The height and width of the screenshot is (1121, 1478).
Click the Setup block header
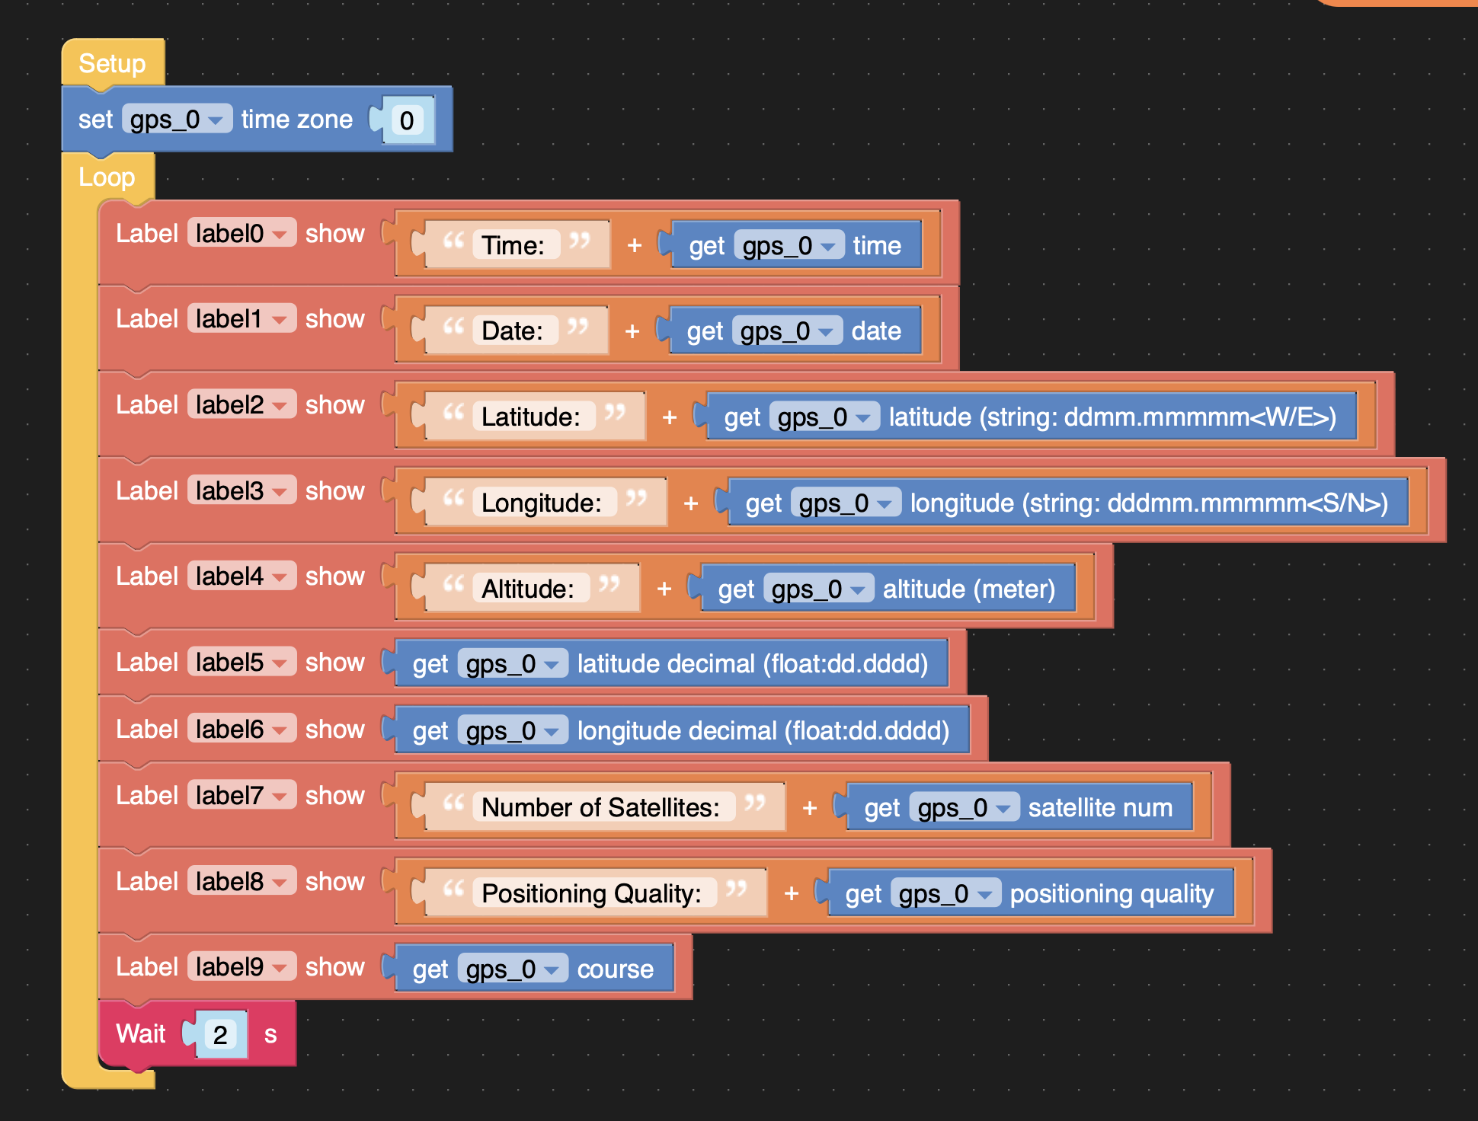[x=112, y=63]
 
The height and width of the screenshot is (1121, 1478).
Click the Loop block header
[x=107, y=177]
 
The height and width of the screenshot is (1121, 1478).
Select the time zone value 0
[x=407, y=120]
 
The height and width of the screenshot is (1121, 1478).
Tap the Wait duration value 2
[x=220, y=1035]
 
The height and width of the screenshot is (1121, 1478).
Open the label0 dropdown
[x=241, y=233]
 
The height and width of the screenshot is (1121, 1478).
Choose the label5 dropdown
[x=241, y=662]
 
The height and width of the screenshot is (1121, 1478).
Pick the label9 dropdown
[x=241, y=966]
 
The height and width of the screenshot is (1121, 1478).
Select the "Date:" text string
[x=512, y=331]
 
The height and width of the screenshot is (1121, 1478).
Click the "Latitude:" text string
[x=530, y=417]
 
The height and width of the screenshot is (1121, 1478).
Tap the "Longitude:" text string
[x=541, y=503]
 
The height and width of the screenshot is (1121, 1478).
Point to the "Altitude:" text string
[x=527, y=589]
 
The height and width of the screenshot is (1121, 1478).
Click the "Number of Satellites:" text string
[x=600, y=807]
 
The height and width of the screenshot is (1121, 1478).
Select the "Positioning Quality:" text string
[x=591, y=893]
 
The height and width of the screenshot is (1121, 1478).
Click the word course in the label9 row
[x=615, y=969]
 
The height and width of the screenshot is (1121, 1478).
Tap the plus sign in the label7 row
[x=810, y=807]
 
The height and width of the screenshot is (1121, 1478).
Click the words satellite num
[x=1100, y=807]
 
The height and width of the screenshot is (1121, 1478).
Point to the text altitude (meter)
[x=968, y=589]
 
